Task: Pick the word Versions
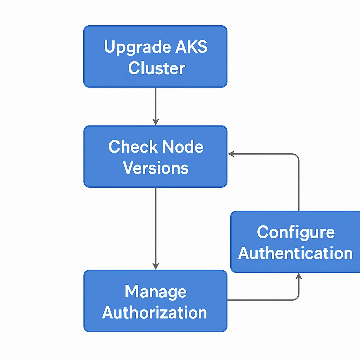coord(156,168)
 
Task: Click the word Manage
coord(155,291)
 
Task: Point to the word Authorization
coord(155,313)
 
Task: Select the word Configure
coord(295,232)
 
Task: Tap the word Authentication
coord(295,253)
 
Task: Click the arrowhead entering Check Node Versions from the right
coord(231,154)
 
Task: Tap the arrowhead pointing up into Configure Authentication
coord(298,276)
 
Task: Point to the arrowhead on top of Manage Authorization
coord(156,266)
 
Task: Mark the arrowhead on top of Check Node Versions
coord(156,122)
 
